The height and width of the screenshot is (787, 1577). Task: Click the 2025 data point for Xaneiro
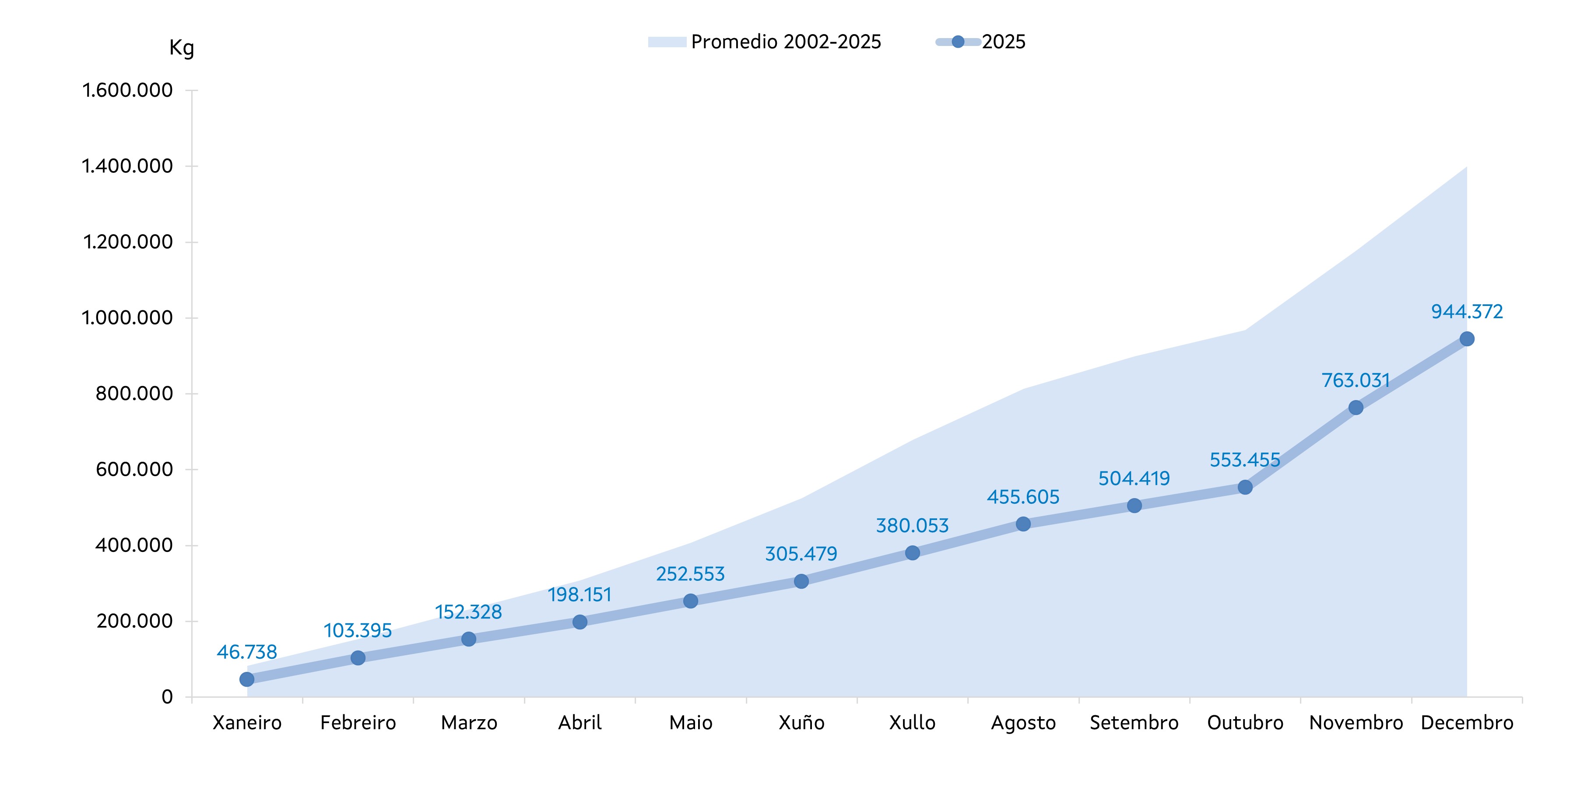click(x=247, y=679)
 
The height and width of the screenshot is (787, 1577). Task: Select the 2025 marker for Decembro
click(x=1467, y=339)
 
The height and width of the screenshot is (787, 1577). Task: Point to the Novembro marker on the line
click(x=1356, y=407)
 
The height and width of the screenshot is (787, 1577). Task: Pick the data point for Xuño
click(x=801, y=581)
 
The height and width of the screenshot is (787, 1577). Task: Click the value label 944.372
click(x=1467, y=312)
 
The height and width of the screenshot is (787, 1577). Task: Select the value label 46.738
click(x=247, y=652)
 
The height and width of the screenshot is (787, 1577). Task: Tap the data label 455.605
click(x=1023, y=497)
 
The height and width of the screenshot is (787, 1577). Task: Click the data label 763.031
click(x=1356, y=381)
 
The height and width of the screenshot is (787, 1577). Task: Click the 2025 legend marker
click(x=958, y=42)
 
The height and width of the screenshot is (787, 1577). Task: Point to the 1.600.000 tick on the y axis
click(x=127, y=91)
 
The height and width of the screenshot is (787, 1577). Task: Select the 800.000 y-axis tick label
click(x=134, y=394)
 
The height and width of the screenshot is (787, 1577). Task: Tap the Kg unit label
click(x=181, y=48)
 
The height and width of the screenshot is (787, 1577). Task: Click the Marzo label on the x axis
click(x=469, y=723)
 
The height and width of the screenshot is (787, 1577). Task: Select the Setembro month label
click(x=1134, y=723)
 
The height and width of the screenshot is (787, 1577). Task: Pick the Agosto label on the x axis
click(x=1023, y=723)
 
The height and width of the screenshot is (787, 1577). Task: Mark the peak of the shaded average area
click(x=1466, y=167)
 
